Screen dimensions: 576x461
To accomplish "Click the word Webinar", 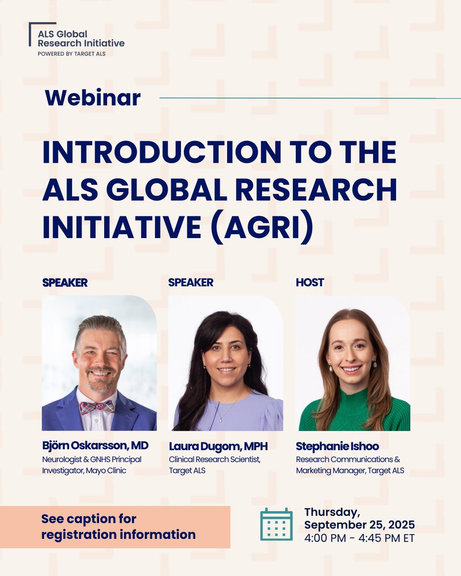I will click(x=93, y=98).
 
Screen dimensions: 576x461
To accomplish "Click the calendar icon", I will click(x=276, y=524).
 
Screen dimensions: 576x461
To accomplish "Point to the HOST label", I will click(x=310, y=283).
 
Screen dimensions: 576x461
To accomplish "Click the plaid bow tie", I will click(x=97, y=407).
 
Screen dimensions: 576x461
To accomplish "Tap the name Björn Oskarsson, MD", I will click(x=95, y=446).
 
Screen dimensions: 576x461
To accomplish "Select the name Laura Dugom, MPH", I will click(x=218, y=446).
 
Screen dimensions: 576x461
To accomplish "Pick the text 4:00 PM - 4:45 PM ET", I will click(x=359, y=538).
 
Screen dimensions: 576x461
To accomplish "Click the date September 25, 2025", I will click(x=359, y=525).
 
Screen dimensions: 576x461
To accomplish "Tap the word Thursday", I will click(x=331, y=512).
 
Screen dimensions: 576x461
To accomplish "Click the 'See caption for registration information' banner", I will click(x=115, y=527).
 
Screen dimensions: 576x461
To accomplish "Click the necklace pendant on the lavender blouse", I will click(x=219, y=419).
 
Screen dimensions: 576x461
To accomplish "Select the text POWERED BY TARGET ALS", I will click(x=72, y=54).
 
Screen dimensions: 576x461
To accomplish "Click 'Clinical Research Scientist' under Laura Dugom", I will click(x=214, y=459).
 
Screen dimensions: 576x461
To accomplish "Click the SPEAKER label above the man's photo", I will click(x=65, y=283).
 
